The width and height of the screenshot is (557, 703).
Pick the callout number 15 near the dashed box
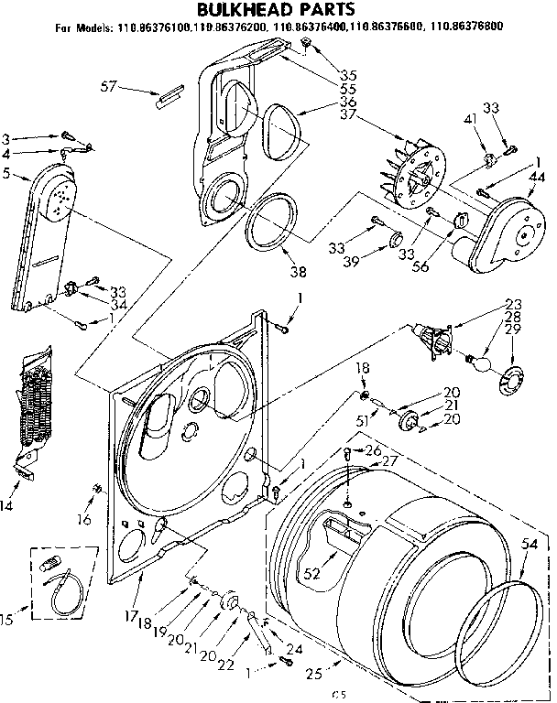[7, 621]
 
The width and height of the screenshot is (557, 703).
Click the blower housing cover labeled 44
[500, 234]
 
